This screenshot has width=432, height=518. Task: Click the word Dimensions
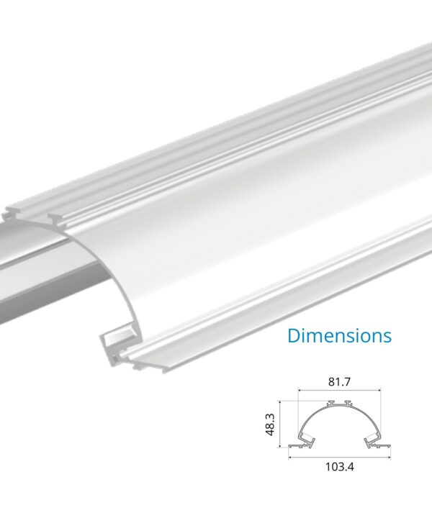339,335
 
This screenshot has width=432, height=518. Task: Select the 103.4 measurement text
340,465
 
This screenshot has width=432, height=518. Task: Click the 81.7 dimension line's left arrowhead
300,391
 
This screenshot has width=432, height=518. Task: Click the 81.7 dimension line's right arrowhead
379,391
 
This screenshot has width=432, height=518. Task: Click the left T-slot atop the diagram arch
331,402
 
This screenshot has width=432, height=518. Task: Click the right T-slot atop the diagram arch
348,402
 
